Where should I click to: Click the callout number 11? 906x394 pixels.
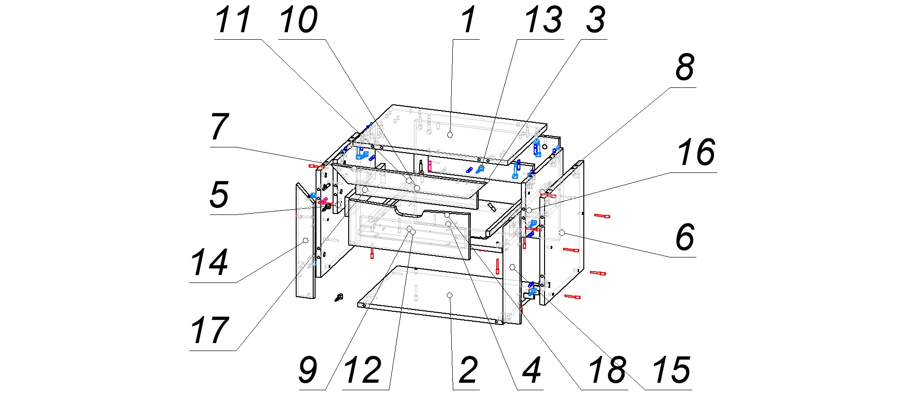pos(232,20)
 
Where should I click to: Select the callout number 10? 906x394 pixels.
pos(298,20)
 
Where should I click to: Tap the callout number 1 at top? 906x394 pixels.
pos(468,20)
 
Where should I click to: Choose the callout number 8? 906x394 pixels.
pos(685,68)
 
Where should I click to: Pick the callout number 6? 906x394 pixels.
pos(685,237)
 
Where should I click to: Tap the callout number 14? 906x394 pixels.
pos(209,263)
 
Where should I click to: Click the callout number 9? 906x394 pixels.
pos(308,370)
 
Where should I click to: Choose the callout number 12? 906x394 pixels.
pos(363,370)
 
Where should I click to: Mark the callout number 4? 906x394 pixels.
pos(531,370)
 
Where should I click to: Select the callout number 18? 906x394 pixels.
pos(607,370)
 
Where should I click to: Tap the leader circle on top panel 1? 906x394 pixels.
pos(450,135)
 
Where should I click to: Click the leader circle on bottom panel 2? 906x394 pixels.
pos(450,295)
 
